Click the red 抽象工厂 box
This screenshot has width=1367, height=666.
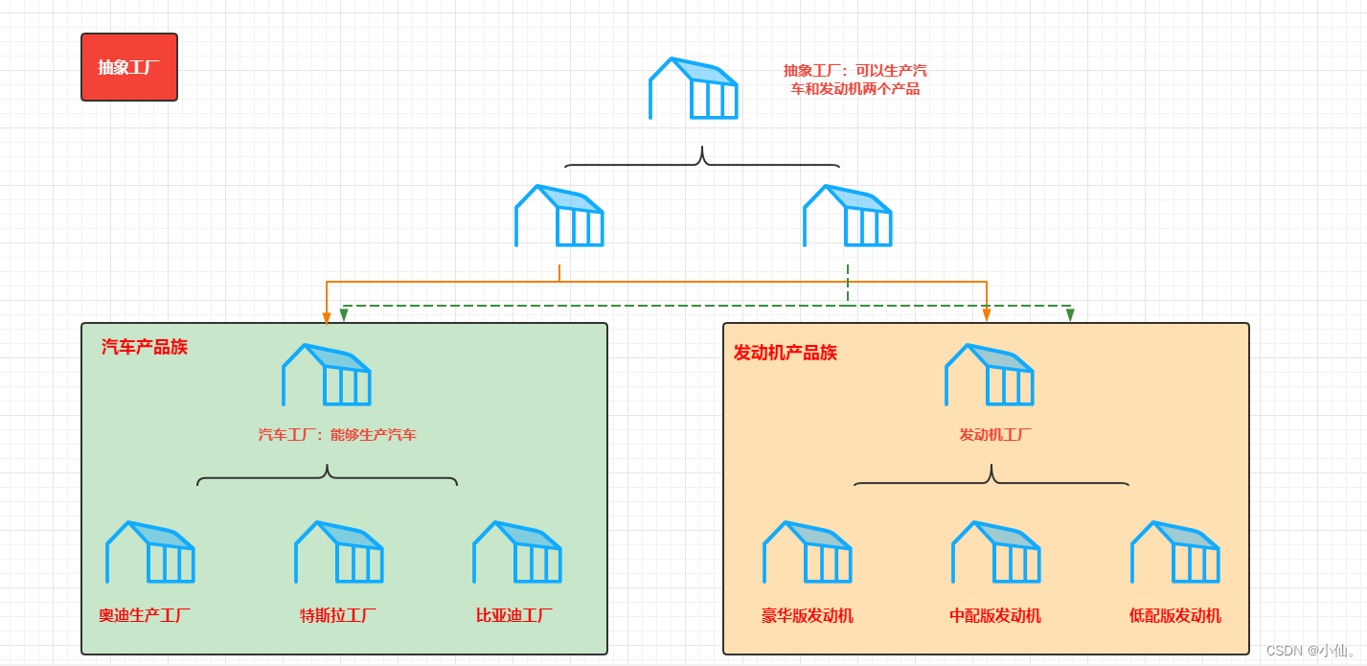pyautogui.click(x=129, y=67)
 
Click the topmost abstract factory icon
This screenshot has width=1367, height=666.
pyautogui.click(x=694, y=88)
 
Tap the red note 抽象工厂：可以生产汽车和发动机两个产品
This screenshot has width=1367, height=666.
pyautogui.click(x=854, y=80)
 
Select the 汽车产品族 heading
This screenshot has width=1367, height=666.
pyautogui.click(x=145, y=347)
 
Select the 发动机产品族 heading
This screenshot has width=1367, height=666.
pyautogui.click(x=786, y=353)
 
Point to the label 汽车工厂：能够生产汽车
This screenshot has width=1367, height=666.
pyautogui.click(x=337, y=434)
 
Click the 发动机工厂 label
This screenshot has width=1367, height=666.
pyautogui.click(x=995, y=434)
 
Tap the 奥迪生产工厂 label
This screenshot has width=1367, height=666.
pyautogui.click(x=145, y=615)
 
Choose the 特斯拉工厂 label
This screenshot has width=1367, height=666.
pyautogui.click(x=338, y=615)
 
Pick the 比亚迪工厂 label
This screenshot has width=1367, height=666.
pyautogui.click(x=514, y=615)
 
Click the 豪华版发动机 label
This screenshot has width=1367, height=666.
pyautogui.click(x=808, y=615)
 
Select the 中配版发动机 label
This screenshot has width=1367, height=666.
pyautogui.click(x=995, y=615)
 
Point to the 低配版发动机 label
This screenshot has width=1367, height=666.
pyautogui.click(x=1175, y=615)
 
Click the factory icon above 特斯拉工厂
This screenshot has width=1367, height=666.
pyautogui.click(x=339, y=552)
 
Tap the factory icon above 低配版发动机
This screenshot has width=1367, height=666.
pyautogui.click(x=1175, y=552)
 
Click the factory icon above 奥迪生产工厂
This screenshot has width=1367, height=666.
pyautogui.click(x=150, y=552)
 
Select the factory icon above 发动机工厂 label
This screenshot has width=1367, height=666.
pyautogui.click(x=990, y=375)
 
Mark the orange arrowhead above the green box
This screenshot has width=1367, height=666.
pyautogui.click(x=327, y=317)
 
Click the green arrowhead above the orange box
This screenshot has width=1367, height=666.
pyautogui.click(x=1070, y=315)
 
